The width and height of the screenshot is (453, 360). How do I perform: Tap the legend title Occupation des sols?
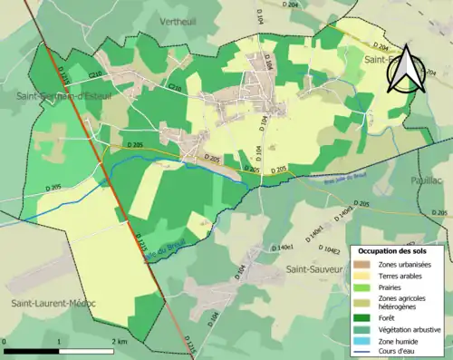click(x=399, y=249)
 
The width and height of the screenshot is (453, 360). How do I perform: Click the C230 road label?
click(x=174, y=87)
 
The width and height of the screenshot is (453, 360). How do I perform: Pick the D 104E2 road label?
click(x=332, y=248)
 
